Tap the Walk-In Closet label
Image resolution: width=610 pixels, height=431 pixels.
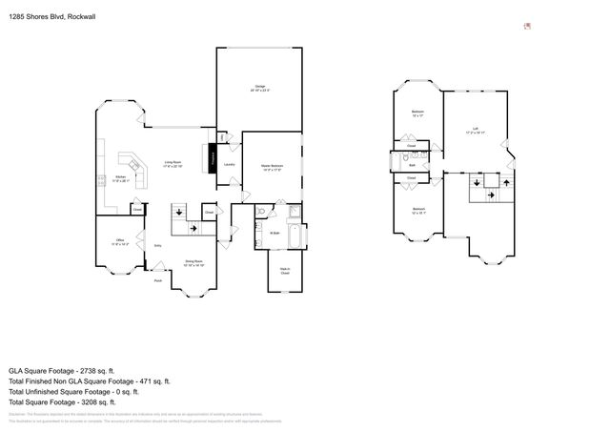pyautogui.click(x=284, y=273)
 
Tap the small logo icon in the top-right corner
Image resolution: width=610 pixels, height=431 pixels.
pyautogui.click(x=527, y=27)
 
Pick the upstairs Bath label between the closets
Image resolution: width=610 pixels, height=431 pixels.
pyautogui.click(x=412, y=165)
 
